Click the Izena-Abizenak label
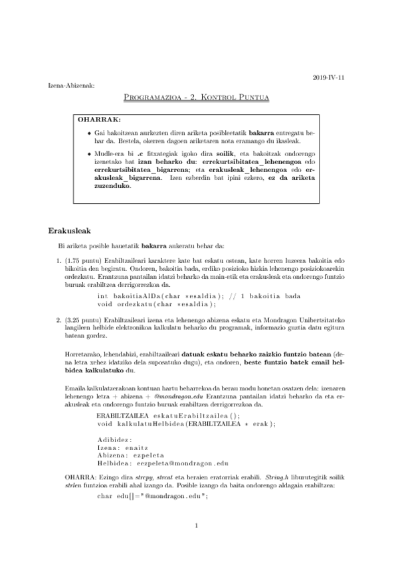(x=72, y=86)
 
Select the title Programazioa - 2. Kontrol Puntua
(x=197, y=98)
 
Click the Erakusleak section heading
(x=70, y=232)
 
